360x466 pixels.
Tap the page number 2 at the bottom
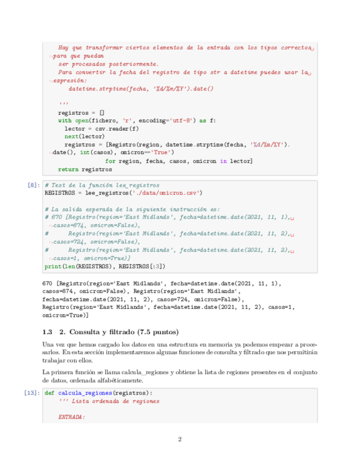point(180,439)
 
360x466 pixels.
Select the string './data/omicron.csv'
point(168,193)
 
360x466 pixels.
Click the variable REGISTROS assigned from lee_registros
point(62,193)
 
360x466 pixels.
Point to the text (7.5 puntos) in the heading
point(157,332)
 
